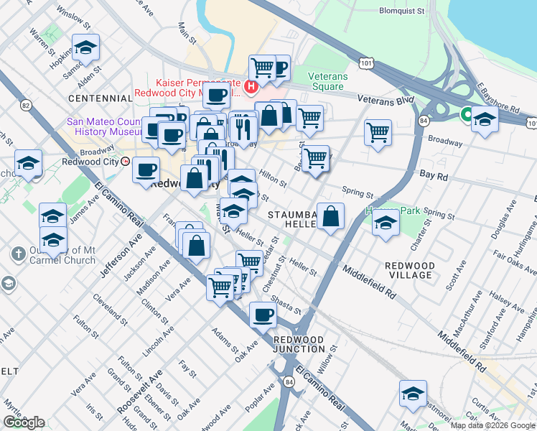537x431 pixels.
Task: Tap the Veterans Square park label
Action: click(327, 81)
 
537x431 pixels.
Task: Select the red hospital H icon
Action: click(251, 88)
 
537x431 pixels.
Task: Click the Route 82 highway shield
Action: click(27, 106)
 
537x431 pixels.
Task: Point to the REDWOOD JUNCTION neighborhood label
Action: click(299, 344)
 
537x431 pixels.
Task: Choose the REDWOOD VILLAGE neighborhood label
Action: click(409, 270)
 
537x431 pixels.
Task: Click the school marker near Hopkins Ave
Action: click(86, 49)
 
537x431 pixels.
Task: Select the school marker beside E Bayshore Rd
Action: click(485, 120)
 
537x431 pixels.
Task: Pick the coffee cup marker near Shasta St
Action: click(263, 315)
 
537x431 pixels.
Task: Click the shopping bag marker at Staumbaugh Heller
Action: click(330, 217)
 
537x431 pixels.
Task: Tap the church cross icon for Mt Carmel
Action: click(19, 254)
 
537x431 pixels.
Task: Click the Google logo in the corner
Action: click(24, 422)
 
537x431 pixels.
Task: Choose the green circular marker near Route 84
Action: click(466, 113)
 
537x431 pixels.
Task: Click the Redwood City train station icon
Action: click(126, 162)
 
